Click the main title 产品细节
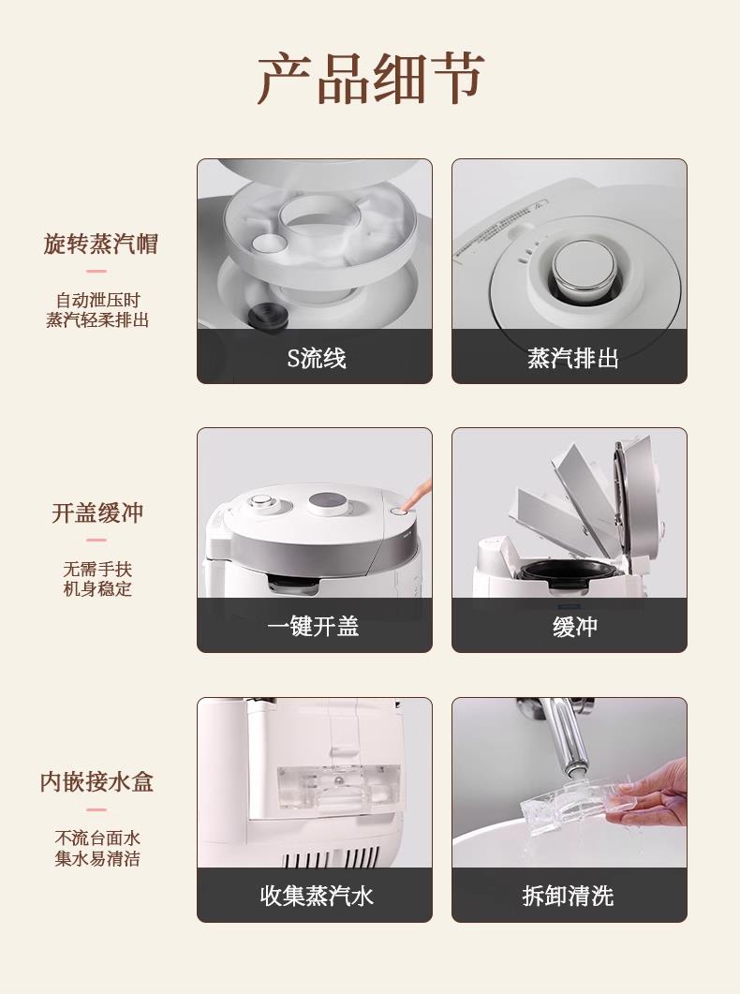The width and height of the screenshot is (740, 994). (371, 79)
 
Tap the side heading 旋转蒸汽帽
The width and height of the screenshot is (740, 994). (100, 244)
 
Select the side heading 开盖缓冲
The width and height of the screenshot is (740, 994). (97, 512)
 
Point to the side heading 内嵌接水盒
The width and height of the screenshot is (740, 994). (96, 781)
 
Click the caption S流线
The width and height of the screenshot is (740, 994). (317, 358)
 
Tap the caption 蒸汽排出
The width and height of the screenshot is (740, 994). (572, 358)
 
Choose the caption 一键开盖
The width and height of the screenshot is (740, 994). (313, 627)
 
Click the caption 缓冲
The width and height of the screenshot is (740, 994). (574, 627)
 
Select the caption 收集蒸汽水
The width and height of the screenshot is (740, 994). (317, 896)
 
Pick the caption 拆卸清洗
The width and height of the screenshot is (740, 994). (568, 896)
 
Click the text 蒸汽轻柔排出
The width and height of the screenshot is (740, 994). (96, 319)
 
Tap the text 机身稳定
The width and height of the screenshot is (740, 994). (96, 589)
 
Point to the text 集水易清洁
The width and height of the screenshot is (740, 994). (96, 858)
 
